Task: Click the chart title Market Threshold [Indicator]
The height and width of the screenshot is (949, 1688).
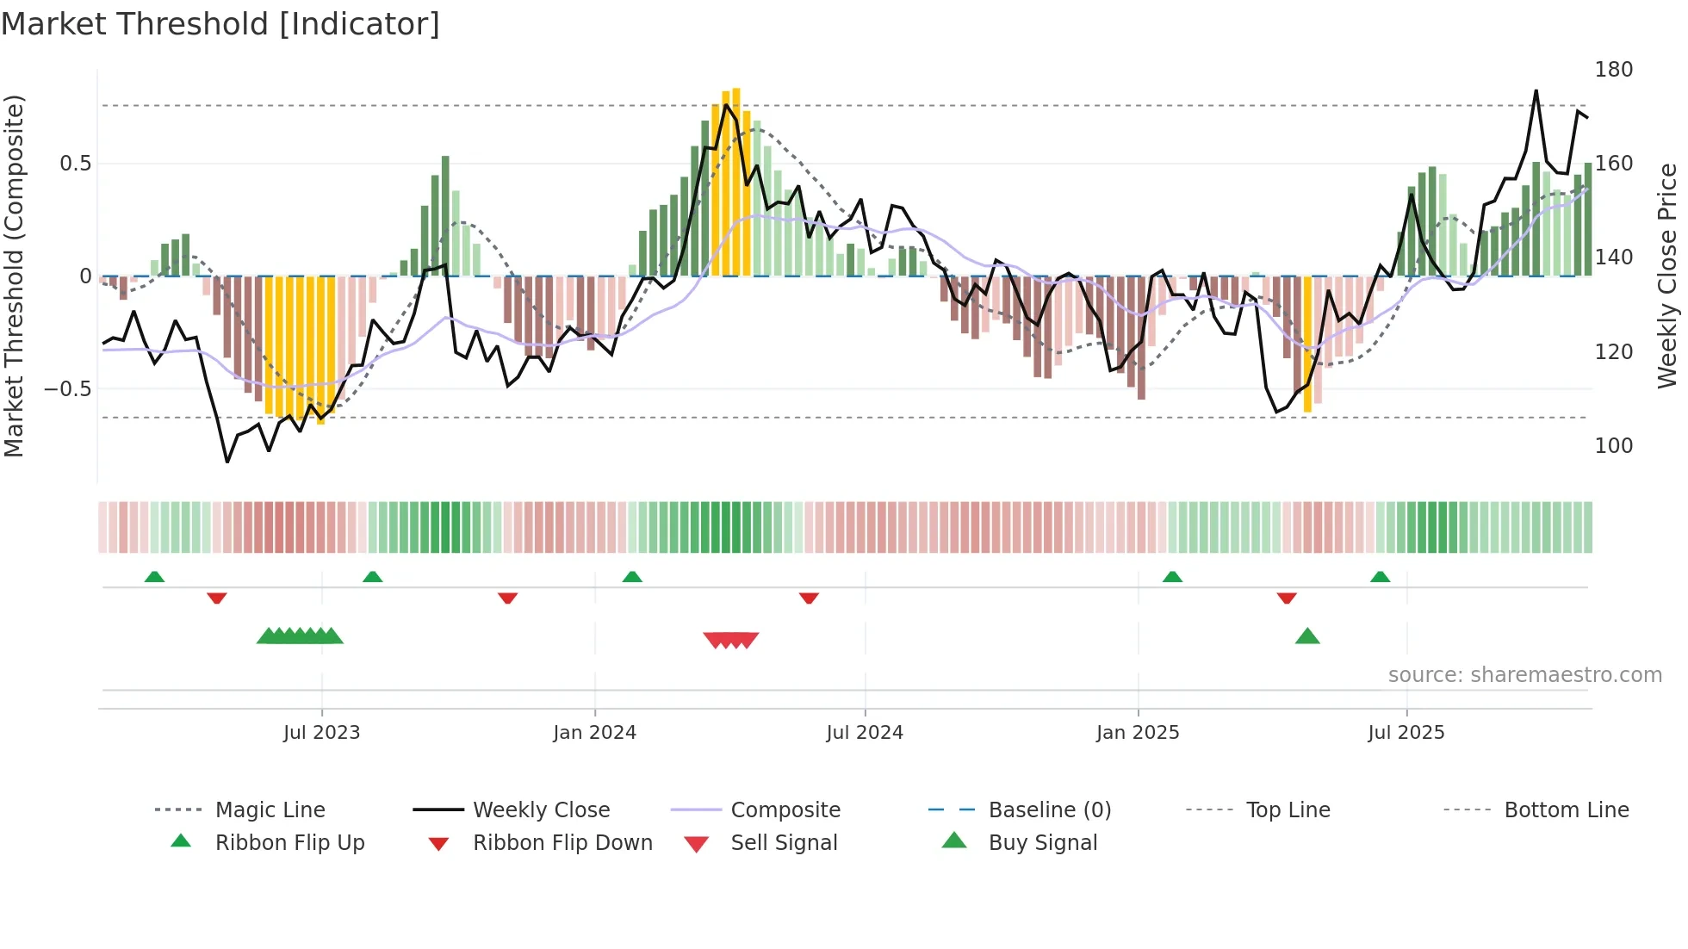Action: [220, 24]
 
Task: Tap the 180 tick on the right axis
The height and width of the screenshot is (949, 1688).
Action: [1613, 70]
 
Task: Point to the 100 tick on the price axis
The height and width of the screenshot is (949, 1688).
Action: [1613, 446]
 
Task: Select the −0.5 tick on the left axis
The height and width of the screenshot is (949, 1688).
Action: [67, 389]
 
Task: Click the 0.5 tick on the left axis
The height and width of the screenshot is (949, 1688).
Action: [75, 164]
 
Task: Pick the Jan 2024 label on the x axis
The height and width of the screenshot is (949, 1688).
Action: [594, 733]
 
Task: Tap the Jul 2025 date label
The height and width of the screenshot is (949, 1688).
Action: [1406, 733]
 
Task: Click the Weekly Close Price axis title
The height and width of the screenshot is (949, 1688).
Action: [1667, 276]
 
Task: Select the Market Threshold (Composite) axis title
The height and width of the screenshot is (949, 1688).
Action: [15, 276]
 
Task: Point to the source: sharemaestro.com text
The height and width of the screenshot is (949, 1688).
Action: [1524, 675]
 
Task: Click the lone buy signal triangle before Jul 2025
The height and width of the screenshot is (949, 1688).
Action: [1307, 637]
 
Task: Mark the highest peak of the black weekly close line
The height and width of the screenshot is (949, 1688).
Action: [1536, 91]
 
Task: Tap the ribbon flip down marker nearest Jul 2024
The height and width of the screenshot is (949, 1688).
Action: [809, 598]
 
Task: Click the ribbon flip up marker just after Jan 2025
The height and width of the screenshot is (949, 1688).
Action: [1172, 577]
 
